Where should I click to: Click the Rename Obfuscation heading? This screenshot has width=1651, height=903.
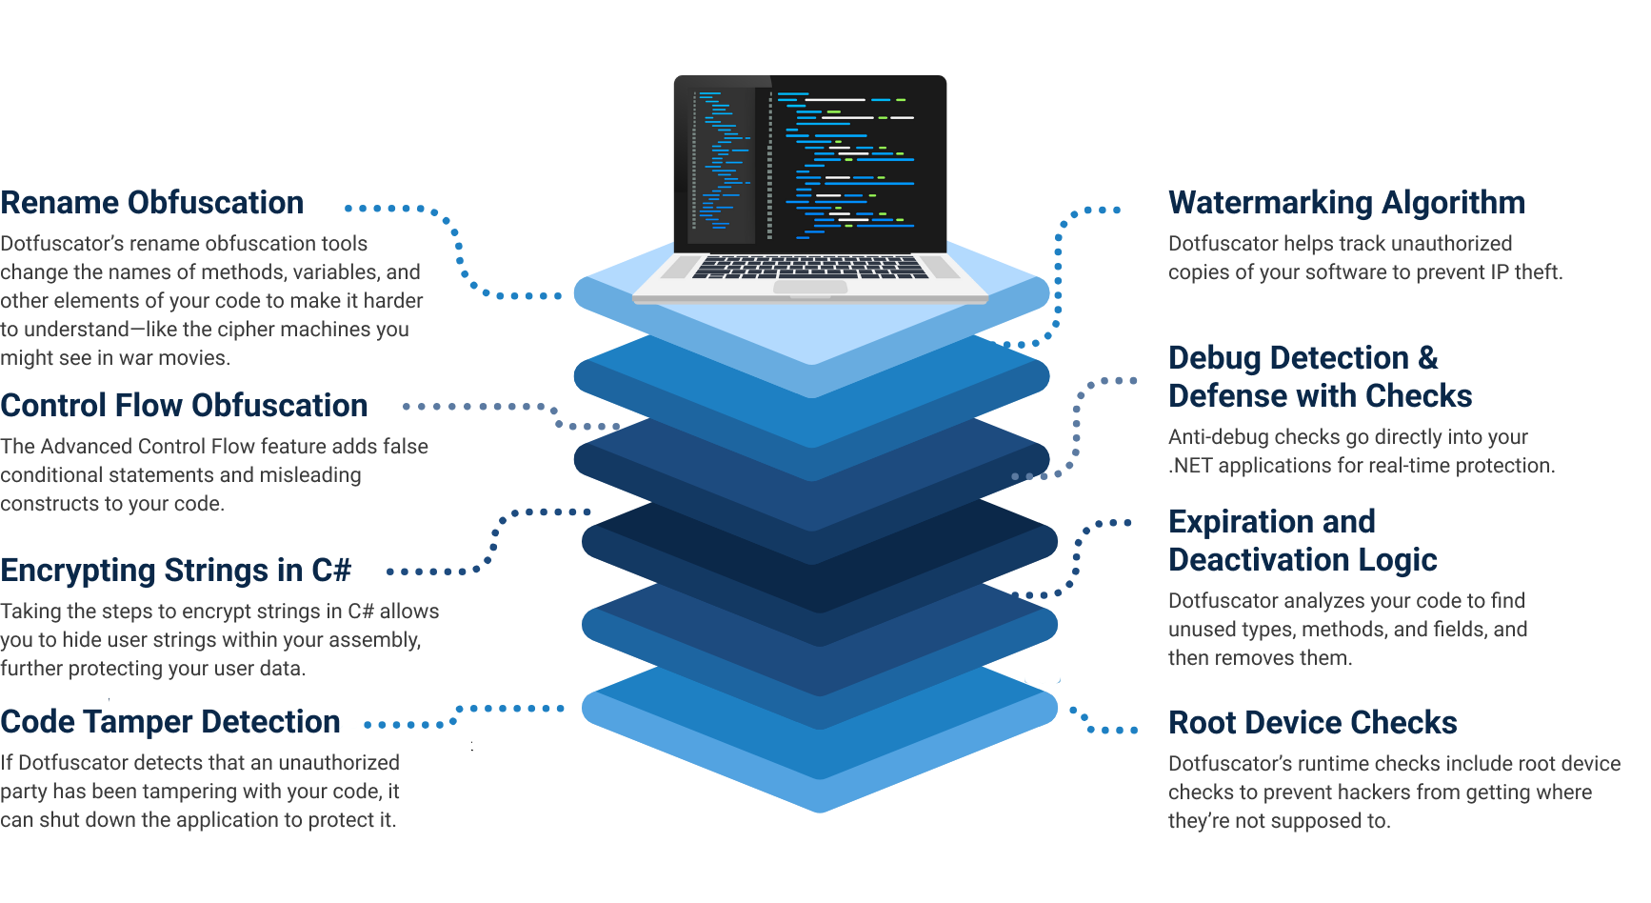[x=152, y=203]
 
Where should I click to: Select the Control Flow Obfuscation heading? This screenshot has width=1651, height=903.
[x=184, y=406]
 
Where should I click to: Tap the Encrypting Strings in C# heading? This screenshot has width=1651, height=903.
[x=176, y=571]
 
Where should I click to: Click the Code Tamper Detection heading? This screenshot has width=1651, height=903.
[x=170, y=722]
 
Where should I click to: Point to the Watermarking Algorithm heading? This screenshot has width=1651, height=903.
[x=1346, y=203]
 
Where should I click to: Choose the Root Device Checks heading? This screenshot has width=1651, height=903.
[x=1312, y=723]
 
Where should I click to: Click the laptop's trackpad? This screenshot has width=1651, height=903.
[x=810, y=288]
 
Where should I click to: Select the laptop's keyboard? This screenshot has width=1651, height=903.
[x=810, y=267]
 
